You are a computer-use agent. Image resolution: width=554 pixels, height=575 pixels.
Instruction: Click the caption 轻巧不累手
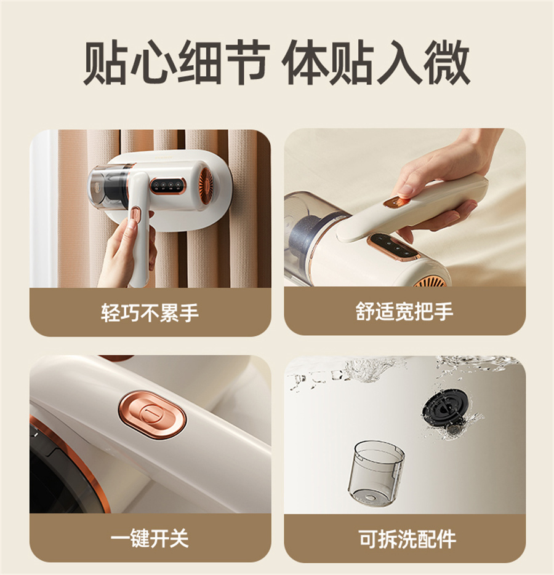(150, 313)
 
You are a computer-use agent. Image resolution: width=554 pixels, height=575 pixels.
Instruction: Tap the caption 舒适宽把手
(404, 312)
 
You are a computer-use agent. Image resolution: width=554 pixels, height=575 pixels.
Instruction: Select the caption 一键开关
(150, 538)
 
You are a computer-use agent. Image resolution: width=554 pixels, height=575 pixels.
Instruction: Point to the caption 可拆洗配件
(407, 539)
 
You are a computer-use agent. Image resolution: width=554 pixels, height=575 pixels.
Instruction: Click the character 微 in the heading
(446, 62)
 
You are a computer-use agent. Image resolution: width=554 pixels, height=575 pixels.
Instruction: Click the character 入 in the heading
(399, 62)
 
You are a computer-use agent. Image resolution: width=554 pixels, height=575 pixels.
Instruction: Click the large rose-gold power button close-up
(152, 414)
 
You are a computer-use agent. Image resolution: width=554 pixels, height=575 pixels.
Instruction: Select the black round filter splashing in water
(445, 408)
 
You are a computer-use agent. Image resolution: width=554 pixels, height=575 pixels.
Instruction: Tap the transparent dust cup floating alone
(375, 474)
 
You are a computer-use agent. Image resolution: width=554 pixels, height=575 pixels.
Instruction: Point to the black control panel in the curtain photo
(167, 185)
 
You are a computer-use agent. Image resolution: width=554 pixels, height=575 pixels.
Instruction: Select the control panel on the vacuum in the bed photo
(394, 248)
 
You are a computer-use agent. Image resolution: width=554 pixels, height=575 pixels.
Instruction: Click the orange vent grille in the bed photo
(430, 282)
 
